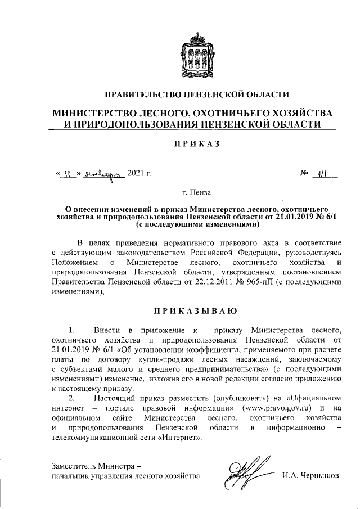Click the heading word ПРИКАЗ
point(197,144)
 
